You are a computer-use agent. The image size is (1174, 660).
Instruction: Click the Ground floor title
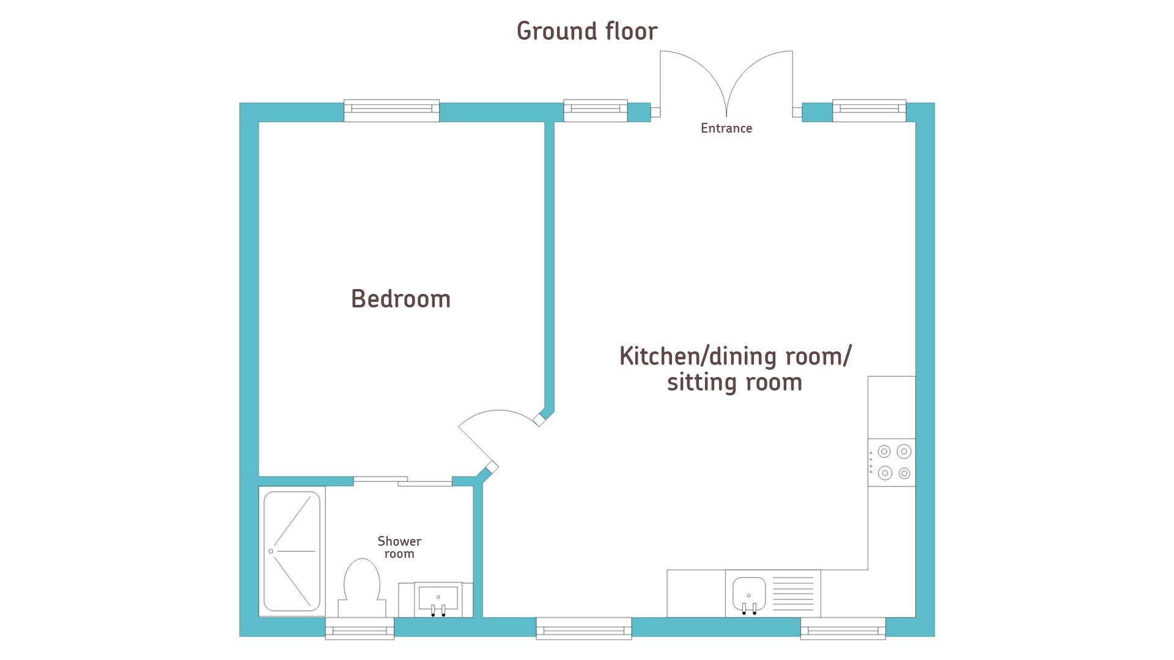(587, 31)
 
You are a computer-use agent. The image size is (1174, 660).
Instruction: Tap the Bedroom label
(401, 299)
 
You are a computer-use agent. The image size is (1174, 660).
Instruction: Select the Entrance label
(726, 128)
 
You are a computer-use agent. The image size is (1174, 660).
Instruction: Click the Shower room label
(399, 548)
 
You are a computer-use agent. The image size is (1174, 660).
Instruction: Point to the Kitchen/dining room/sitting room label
(735, 369)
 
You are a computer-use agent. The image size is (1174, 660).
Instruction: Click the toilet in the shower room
(361, 588)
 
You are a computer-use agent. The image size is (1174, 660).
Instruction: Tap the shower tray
(292, 552)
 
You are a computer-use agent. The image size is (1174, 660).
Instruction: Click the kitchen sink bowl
(749, 595)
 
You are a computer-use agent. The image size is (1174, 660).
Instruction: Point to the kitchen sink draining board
(793, 593)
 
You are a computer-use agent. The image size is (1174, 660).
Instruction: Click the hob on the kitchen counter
(892, 463)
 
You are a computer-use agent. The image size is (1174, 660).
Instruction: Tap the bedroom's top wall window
(391, 111)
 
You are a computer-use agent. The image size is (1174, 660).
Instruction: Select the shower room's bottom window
(360, 628)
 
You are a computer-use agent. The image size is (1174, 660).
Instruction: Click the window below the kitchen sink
(843, 628)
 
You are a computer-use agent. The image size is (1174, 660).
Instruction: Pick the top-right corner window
(869, 111)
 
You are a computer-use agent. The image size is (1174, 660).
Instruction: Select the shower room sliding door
(403, 481)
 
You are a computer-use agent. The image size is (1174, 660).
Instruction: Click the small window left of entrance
(596, 111)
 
